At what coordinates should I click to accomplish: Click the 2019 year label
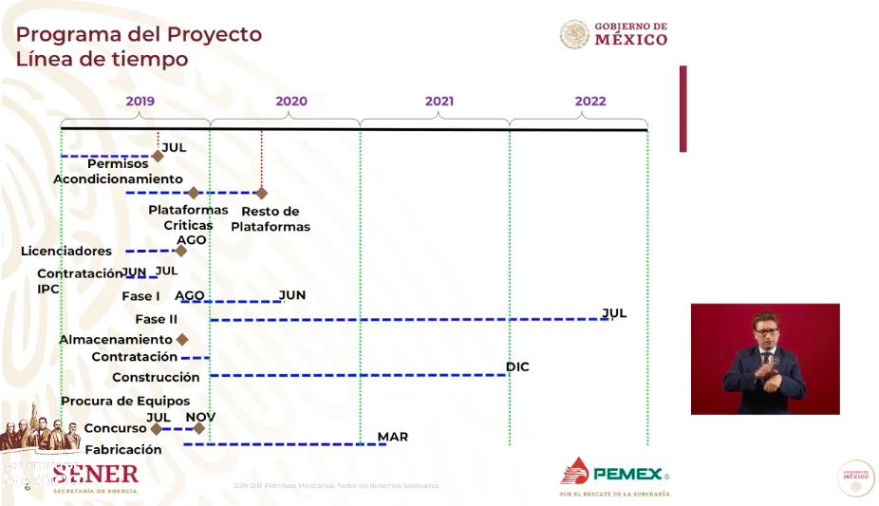140,102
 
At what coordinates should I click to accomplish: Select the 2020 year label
290,102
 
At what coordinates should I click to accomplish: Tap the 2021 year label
439,102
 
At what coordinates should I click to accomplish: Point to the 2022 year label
589,102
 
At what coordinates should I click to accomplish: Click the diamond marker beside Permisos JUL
158,156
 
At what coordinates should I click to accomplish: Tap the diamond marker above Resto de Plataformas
262,193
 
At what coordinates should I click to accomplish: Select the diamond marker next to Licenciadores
181,251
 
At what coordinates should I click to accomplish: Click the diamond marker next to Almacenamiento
182,339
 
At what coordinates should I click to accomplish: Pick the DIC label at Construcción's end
517,366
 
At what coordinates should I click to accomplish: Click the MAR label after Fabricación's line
392,437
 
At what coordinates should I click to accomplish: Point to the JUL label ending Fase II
614,312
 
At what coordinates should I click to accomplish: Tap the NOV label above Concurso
200,417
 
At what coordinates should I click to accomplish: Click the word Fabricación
123,450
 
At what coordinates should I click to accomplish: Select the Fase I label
140,296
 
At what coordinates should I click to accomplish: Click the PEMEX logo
614,473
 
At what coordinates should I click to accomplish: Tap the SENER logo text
95,474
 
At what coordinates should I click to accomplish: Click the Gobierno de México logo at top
614,34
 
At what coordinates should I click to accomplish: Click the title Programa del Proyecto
139,35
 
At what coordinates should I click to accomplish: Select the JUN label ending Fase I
292,295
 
